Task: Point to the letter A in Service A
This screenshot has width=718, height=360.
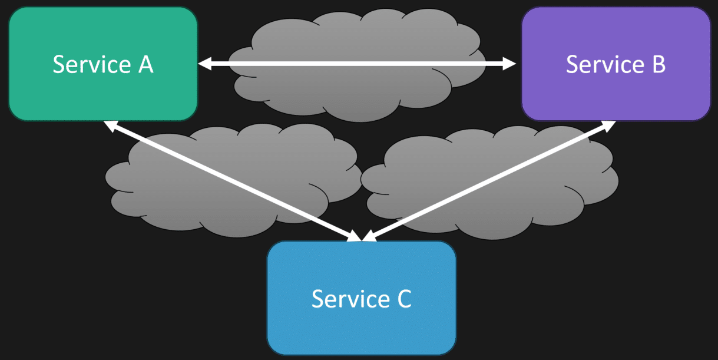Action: [x=145, y=64]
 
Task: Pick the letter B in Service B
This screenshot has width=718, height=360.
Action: [x=659, y=64]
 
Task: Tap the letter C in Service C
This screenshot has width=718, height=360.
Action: [x=403, y=299]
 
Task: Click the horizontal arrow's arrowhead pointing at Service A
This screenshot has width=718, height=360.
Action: [x=204, y=64]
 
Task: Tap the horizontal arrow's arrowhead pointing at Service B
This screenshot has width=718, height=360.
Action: [x=510, y=64]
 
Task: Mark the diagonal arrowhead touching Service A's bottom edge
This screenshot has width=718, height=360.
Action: [x=109, y=125]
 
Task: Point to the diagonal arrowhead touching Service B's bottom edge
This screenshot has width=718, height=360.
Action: [x=610, y=125]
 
